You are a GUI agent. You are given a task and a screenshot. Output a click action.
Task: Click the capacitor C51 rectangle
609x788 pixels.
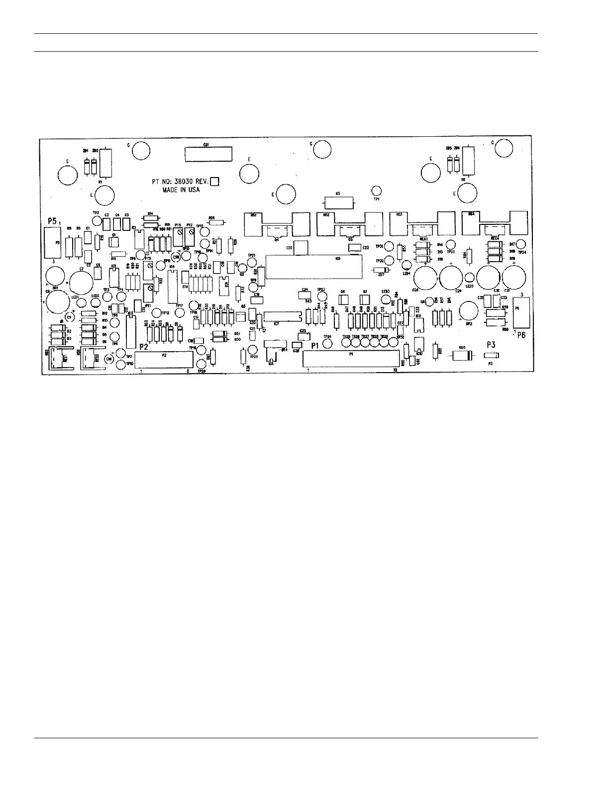click(x=208, y=154)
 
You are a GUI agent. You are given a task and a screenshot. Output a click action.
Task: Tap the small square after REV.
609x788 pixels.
click(x=215, y=182)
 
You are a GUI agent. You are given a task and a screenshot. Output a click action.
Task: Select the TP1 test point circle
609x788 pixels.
click(x=377, y=191)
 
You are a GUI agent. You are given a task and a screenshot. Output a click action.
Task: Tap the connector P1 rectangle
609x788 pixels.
click(x=351, y=359)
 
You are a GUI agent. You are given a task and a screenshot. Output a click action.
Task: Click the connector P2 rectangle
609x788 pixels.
click(x=164, y=359)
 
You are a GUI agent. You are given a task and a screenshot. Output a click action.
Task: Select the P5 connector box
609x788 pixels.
click(x=52, y=243)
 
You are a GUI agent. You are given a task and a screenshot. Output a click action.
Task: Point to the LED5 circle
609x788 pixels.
click(x=469, y=278)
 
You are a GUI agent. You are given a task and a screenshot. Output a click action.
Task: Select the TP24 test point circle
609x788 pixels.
click(x=327, y=343)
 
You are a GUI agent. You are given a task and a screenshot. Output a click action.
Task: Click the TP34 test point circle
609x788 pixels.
click(x=521, y=244)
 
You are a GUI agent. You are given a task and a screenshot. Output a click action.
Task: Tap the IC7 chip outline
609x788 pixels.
click(x=283, y=316)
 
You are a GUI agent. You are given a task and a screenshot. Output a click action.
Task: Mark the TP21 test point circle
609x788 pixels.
click(x=252, y=262)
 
